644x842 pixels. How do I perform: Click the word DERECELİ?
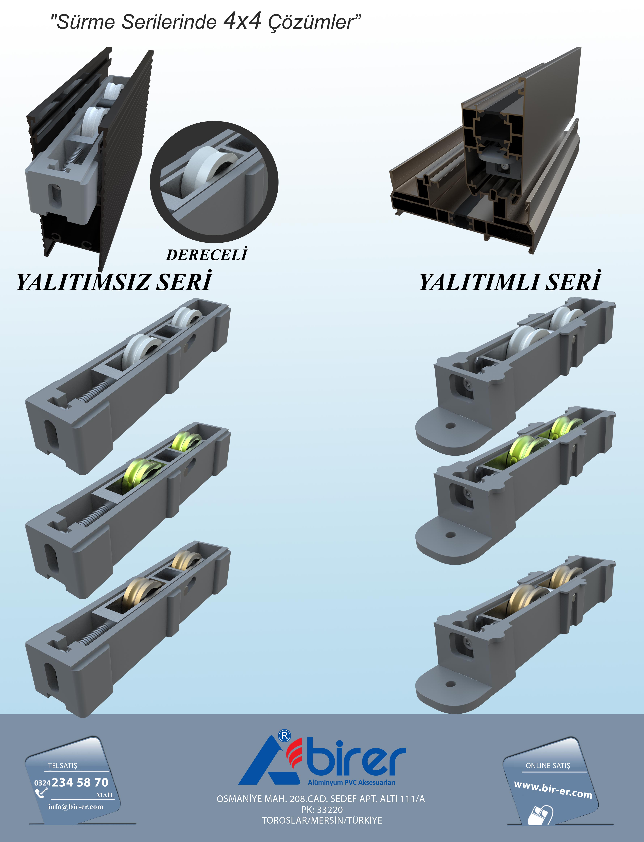click(x=207, y=254)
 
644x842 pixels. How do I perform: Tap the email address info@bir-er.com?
click(x=76, y=806)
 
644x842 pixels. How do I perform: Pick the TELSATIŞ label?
click(x=63, y=765)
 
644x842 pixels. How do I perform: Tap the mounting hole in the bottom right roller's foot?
click(x=451, y=684)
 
